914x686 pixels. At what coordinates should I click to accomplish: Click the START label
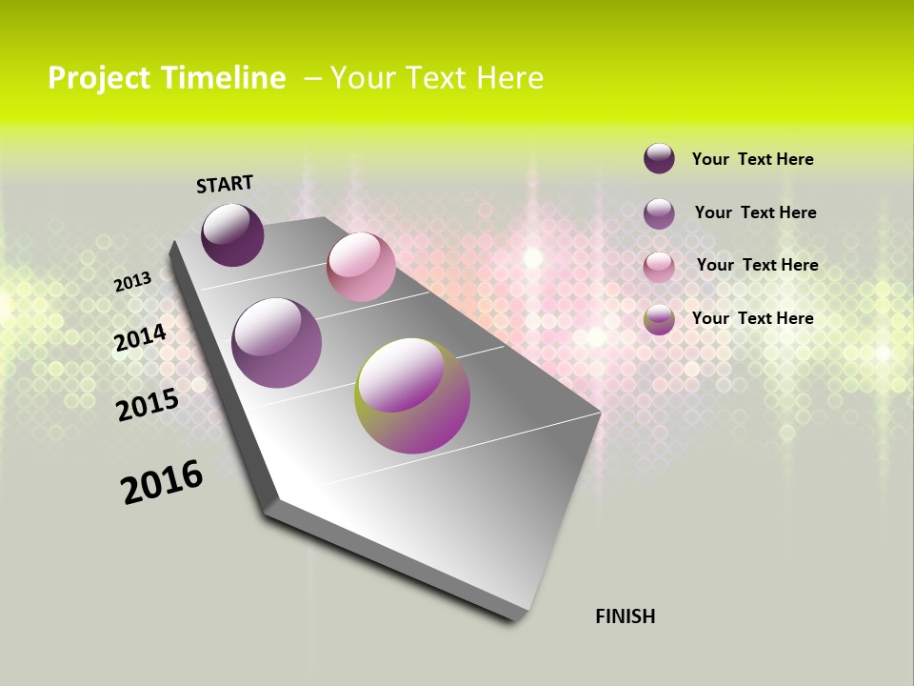pyautogui.click(x=225, y=184)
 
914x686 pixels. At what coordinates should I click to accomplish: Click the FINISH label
pyautogui.click(x=625, y=616)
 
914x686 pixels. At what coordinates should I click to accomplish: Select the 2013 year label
pyautogui.click(x=132, y=282)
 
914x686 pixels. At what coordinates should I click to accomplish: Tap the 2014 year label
pyautogui.click(x=140, y=338)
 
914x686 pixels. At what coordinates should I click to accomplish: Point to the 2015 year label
pyautogui.click(x=147, y=405)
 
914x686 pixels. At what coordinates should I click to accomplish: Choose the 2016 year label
pyautogui.click(x=162, y=482)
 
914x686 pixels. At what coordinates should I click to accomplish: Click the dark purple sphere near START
pyautogui.click(x=232, y=235)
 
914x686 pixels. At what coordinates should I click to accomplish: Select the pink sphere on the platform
pyautogui.click(x=361, y=267)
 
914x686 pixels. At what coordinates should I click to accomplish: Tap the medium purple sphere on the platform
pyautogui.click(x=277, y=343)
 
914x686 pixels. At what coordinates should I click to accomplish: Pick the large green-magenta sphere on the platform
pyautogui.click(x=412, y=395)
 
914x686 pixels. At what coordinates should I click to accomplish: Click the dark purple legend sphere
pyautogui.click(x=659, y=158)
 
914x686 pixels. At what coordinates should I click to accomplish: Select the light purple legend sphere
pyautogui.click(x=659, y=212)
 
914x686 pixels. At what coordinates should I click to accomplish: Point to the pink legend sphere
pyautogui.click(x=659, y=266)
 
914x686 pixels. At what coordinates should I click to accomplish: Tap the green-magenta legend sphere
pyautogui.click(x=659, y=319)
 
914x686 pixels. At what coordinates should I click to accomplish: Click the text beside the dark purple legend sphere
pyautogui.click(x=752, y=159)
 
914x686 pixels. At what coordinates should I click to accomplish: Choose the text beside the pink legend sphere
pyautogui.click(x=757, y=265)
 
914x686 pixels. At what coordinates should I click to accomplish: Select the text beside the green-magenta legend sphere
pyautogui.click(x=752, y=318)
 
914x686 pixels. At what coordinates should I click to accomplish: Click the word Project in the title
pyautogui.click(x=99, y=78)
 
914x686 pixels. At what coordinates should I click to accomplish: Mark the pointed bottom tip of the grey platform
pyautogui.click(x=521, y=615)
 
